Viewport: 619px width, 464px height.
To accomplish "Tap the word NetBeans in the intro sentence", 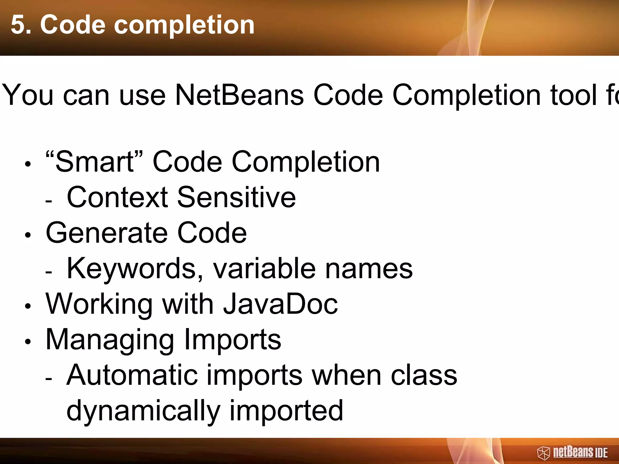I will [239, 95].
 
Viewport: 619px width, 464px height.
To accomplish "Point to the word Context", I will [117, 198].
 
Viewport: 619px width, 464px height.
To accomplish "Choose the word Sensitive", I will [236, 198].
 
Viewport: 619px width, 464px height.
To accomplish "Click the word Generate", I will [107, 233].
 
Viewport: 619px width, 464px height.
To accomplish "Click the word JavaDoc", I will [280, 304].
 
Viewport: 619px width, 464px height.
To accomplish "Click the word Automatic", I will [132, 375].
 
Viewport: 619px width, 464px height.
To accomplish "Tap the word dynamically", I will [143, 411].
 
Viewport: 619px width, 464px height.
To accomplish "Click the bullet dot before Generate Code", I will [28, 235].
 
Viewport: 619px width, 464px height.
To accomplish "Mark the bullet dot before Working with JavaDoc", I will [28, 306].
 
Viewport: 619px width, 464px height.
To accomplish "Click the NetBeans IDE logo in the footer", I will [572, 452].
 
